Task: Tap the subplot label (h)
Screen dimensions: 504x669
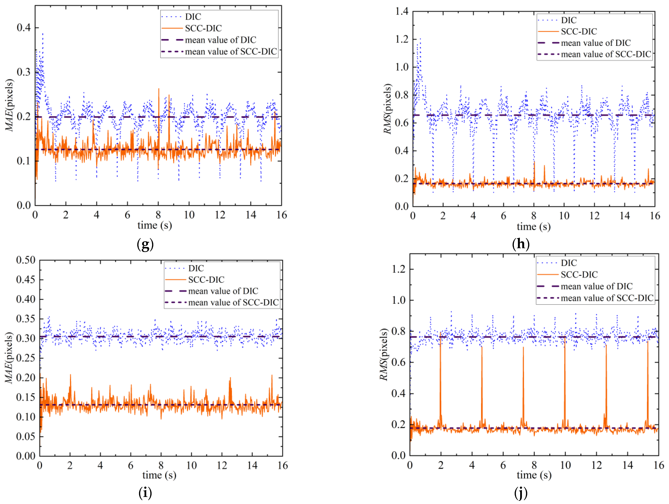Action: click(x=521, y=244)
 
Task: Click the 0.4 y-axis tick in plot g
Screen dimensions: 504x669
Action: click(x=24, y=28)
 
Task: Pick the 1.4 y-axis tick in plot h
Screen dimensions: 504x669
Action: click(x=402, y=12)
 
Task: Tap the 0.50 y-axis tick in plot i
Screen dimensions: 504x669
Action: click(x=26, y=260)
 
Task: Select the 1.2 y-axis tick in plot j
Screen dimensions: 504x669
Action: click(x=399, y=269)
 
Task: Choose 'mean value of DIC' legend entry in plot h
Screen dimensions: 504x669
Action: click(x=595, y=43)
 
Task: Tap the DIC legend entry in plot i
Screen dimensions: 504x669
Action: click(x=196, y=268)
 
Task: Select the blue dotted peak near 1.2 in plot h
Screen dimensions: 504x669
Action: click(x=420, y=41)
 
